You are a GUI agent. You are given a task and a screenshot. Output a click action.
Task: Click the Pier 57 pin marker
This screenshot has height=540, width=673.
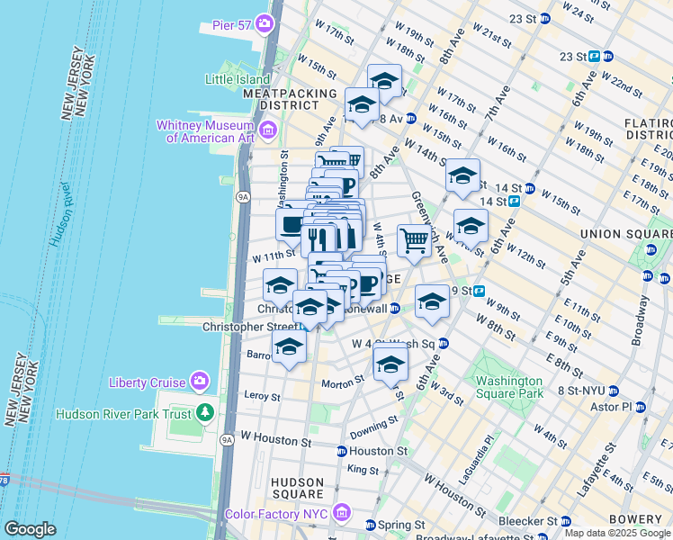(265, 22)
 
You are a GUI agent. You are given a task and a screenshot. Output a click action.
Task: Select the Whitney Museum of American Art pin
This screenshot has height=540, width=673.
(267, 132)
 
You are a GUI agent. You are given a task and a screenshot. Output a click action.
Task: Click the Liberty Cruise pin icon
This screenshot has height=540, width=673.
(199, 382)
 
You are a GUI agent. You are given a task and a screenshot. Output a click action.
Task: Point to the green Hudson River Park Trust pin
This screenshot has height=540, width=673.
(206, 413)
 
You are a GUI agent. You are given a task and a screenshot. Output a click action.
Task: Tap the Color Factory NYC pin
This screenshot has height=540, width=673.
(340, 513)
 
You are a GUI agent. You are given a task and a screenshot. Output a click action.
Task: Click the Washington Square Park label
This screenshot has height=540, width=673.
(509, 387)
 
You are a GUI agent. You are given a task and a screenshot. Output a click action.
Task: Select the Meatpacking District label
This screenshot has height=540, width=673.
(282, 99)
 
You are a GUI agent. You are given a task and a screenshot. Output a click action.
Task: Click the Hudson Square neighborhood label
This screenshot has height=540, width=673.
(297, 488)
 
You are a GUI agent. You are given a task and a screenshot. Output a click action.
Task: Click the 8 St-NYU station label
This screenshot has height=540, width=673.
(580, 391)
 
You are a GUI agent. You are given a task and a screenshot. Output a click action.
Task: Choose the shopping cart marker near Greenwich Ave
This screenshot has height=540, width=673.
(413, 240)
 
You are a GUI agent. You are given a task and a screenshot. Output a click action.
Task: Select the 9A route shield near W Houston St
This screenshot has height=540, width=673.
(227, 439)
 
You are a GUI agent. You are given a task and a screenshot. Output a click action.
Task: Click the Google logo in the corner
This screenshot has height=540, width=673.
(30, 529)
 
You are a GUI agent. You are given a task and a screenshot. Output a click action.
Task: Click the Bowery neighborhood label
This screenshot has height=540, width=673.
(642, 519)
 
